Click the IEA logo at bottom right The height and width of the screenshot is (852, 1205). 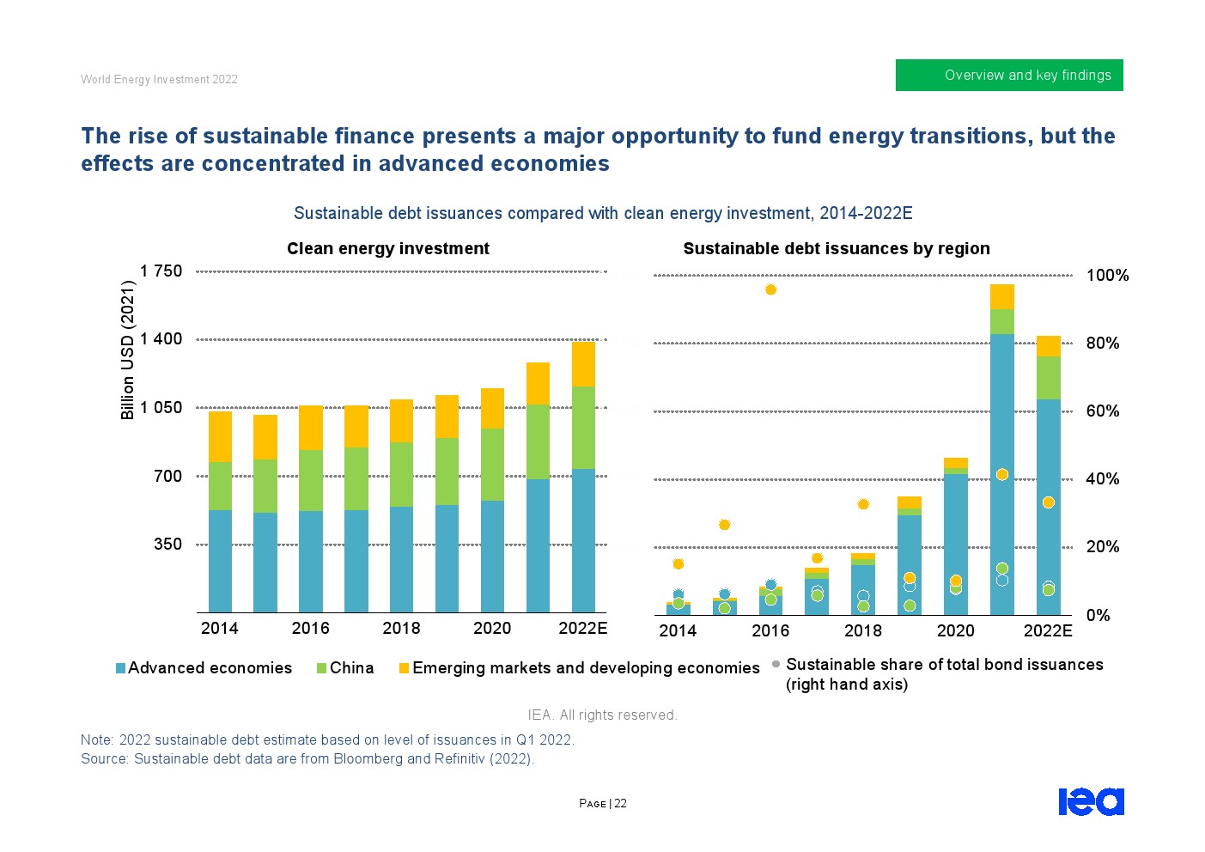click(x=1091, y=801)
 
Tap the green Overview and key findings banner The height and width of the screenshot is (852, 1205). click(x=1009, y=75)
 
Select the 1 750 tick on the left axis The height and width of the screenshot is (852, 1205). click(x=161, y=271)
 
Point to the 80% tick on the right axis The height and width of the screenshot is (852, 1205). click(x=1103, y=343)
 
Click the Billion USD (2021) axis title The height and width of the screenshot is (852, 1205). click(x=128, y=350)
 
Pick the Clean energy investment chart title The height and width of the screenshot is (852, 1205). click(x=387, y=248)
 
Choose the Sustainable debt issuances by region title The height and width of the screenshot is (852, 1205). click(x=836, y=248)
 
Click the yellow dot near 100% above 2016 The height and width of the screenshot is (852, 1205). click(x=770, y=289)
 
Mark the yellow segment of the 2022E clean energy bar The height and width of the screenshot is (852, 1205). click(x=583, y=364)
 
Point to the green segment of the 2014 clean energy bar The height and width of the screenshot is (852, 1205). click(x=220, y=486)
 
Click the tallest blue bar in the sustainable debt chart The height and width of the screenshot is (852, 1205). click(x=1001, y=472)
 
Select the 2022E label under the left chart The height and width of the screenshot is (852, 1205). click(x=582, y=628)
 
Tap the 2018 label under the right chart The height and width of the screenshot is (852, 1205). click(x=862, y=630)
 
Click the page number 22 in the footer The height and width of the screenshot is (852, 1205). click(x=620, y=804)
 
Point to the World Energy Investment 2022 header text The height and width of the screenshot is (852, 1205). click(x=159, y=79)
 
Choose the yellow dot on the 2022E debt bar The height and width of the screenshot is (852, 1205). click(x=1048, y=502)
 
